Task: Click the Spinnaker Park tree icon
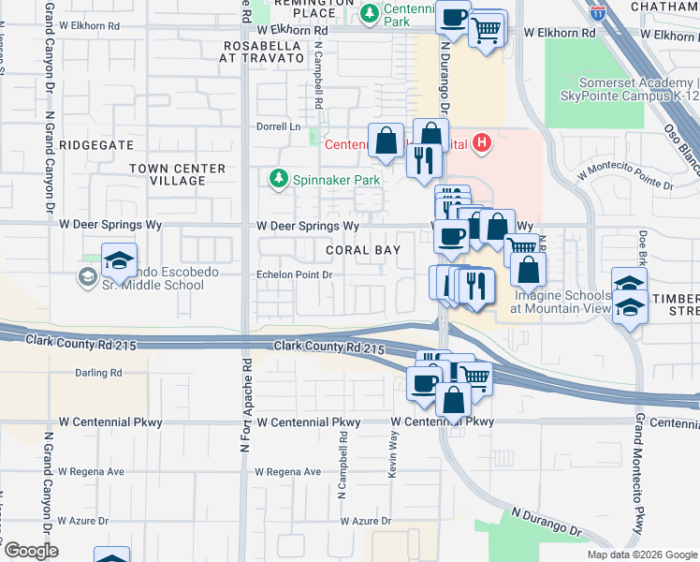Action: point(277,177)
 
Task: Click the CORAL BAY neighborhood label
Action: point(363,251)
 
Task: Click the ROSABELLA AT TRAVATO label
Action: point(262,51)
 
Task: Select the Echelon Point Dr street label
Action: point(295,275)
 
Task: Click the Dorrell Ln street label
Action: point(279,126)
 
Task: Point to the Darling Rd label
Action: point(98,373)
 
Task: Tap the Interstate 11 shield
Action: point(598,13)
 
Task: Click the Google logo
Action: point(30,551)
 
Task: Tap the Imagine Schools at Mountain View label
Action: point(561,301)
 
